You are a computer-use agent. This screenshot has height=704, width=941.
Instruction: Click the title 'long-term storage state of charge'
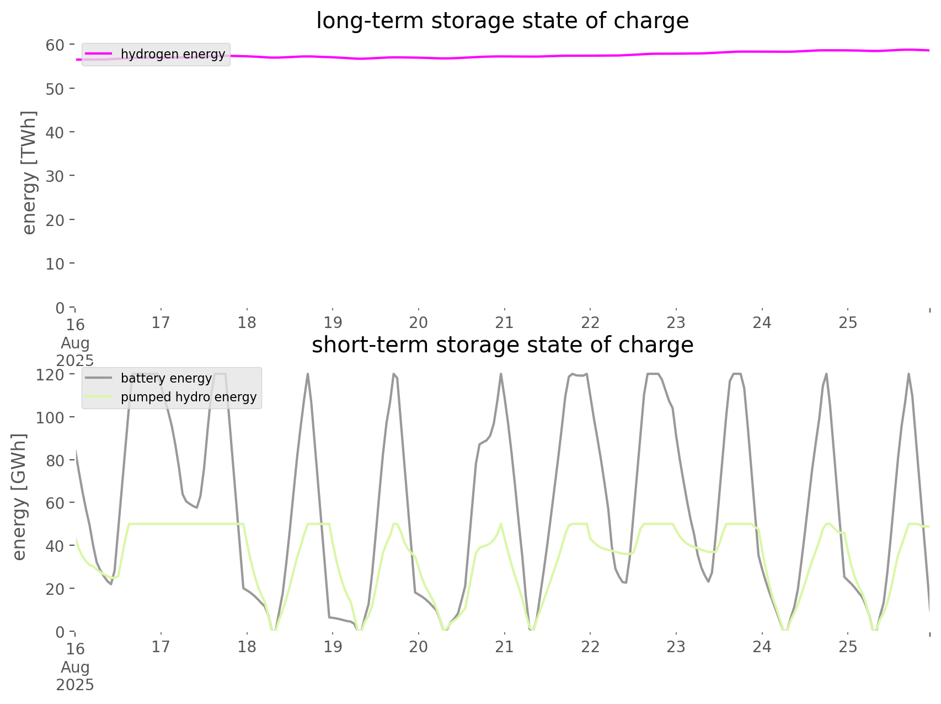point(502,21)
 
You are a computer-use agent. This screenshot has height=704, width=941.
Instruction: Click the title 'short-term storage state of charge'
point(502,345)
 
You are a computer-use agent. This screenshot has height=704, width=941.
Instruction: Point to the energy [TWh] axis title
point(29,173)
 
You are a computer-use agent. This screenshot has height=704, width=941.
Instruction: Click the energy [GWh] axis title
point(19,497)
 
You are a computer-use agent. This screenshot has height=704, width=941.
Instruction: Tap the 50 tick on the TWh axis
point(55,89)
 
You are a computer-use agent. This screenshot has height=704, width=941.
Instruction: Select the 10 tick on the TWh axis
point(55,264)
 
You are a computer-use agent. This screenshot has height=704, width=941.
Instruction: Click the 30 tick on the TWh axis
point(55,176)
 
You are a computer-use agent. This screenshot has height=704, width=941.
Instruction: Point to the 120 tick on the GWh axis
point(51,375)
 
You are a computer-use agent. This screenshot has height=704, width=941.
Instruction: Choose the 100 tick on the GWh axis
point(51,417)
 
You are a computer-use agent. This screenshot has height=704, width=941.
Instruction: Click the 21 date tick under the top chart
point(504,323)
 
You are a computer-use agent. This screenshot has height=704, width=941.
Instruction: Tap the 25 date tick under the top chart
point(848,323)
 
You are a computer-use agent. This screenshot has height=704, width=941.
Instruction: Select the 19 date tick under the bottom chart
point(333,647)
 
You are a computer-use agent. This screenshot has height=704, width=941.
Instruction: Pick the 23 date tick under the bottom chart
point(676,647)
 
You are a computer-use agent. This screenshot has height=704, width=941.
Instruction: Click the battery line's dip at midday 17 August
point(196,507)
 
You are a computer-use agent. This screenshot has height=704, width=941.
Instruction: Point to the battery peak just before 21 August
point(501,374)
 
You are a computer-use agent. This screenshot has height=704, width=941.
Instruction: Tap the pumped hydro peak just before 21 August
point(501,524)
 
